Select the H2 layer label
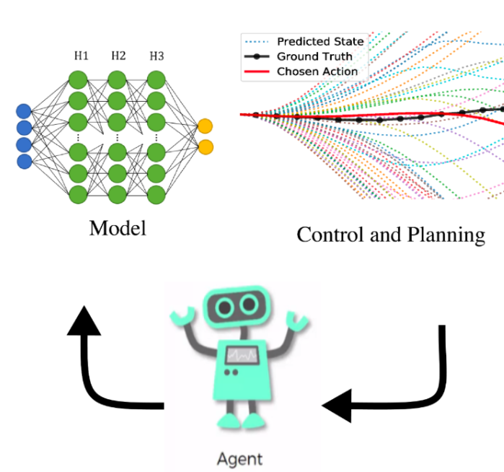(118, 56)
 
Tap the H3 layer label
(156, 56)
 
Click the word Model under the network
(118, 228)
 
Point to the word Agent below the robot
(239, 459)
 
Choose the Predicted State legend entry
(320, 42)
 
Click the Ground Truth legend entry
(314, 56)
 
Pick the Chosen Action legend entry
(317, 71)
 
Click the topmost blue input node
(24, 111)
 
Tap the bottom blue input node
(24, 161)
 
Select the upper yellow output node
(205, 126)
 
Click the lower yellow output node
(205, 147)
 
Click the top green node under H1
(79, 78)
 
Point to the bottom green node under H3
(156, 193)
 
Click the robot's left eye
(226, 308)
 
